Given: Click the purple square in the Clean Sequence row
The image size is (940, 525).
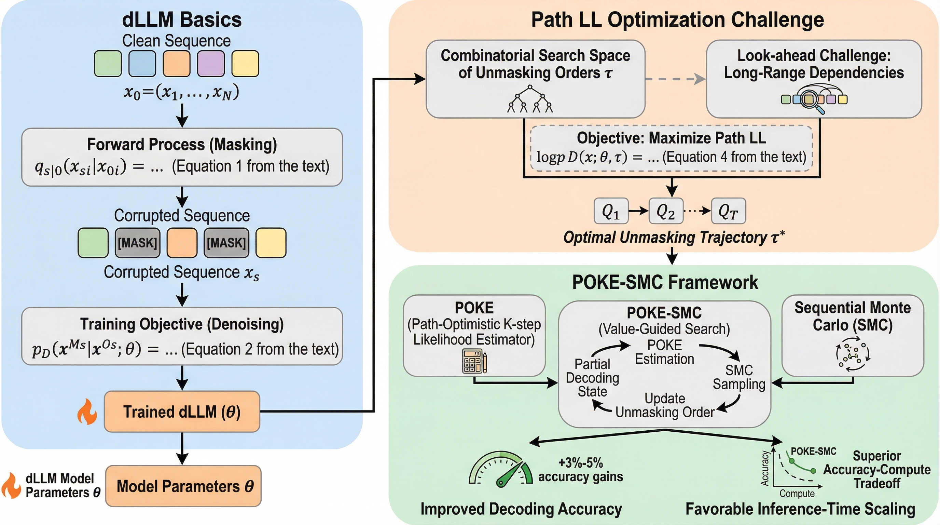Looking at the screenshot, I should (x=210, y=64).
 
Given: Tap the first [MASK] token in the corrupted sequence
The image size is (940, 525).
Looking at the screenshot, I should (x=138, y=243).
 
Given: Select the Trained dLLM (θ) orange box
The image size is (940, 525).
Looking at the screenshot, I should (x=182, y=412).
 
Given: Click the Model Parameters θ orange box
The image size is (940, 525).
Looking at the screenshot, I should (x=183, y=486).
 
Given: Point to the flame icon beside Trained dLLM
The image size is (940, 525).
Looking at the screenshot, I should (x=87, y=412).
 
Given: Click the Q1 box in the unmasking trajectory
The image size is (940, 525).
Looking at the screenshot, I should (x=611, y=211).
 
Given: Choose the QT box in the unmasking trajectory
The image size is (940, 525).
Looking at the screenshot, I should (x=728, y=211).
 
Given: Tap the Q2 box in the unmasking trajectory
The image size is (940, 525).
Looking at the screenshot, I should (x=666, y=211).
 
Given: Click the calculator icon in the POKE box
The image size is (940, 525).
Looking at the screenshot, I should (x=474, y=361).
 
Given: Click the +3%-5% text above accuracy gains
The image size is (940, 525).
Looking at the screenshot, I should (x=581, y=463).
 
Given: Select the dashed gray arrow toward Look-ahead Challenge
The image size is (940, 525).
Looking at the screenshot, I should (x=675, y=79).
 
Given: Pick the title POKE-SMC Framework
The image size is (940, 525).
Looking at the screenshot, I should (x=665, y=282).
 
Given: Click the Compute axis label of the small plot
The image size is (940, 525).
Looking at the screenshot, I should (x=797, y=494).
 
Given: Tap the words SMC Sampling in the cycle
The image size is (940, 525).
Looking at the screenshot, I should (x=739, y=377).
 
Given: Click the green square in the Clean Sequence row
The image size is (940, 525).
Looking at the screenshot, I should (x=108, y=64).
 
